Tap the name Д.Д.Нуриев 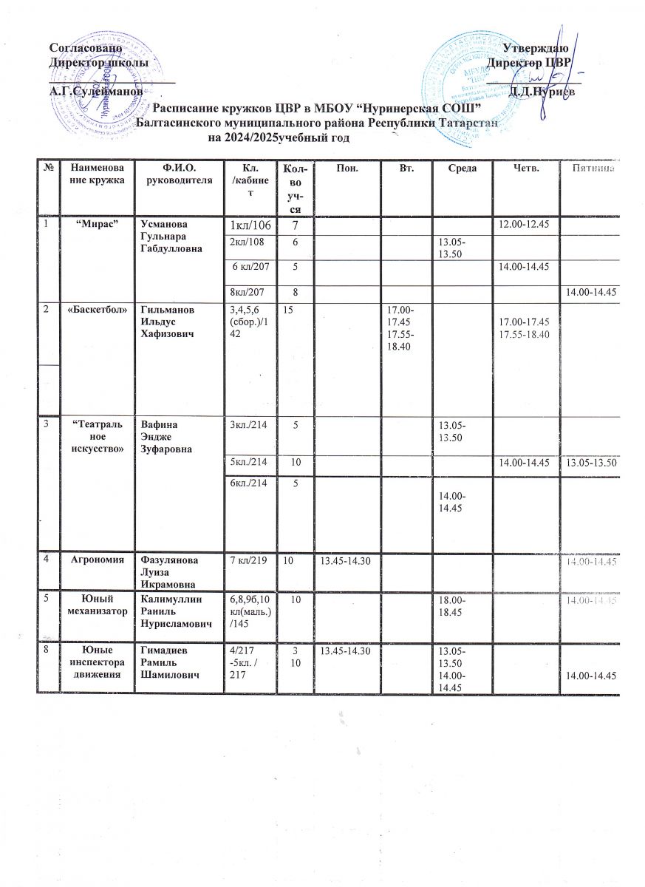[x=548, y=92]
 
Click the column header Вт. [x=405, y=169]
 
